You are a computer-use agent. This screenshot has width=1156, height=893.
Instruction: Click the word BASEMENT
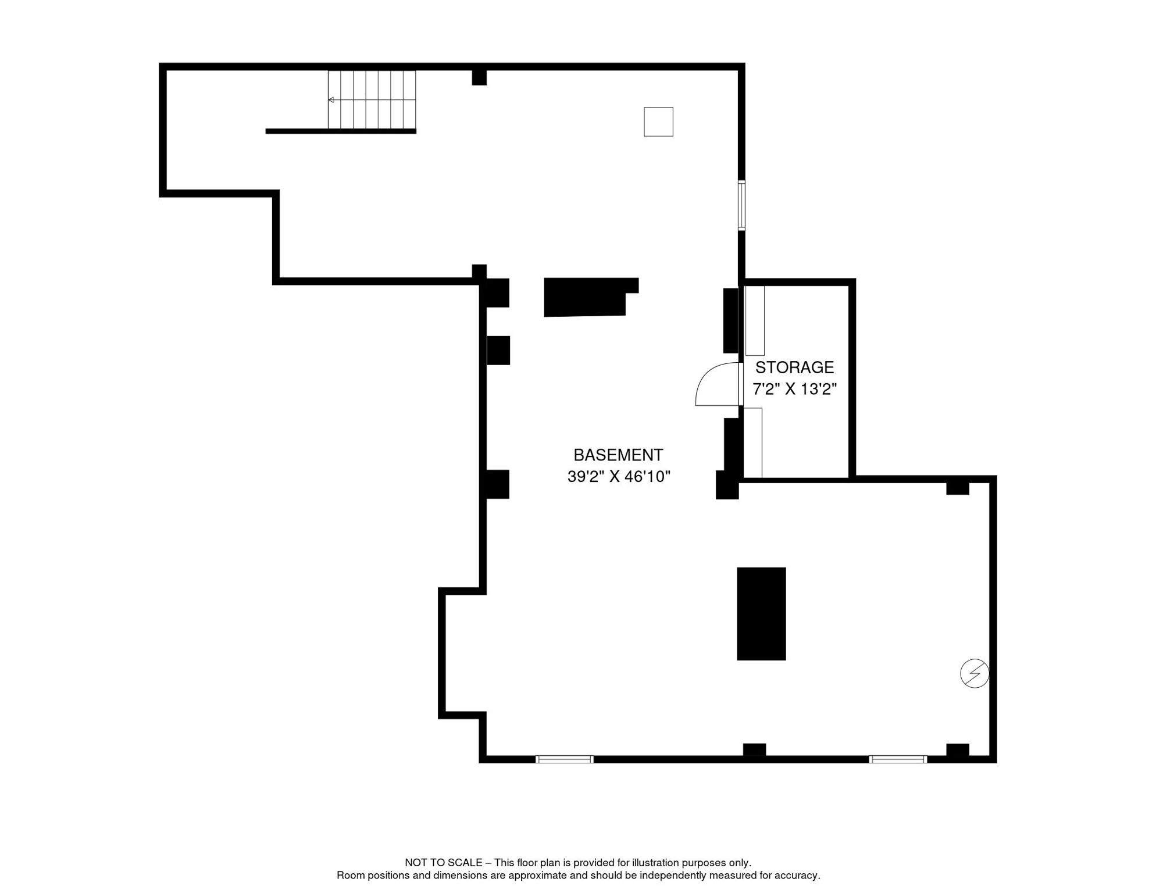(x=618, y=455)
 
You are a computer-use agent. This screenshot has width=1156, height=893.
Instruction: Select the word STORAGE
(x=794, y=367)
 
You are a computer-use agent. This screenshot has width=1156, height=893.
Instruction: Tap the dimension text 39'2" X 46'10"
(x=619, y=477)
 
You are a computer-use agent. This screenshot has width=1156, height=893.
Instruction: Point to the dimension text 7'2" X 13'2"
(x=794, y=389)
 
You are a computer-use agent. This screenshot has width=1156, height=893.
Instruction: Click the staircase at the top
(x=372, y=99)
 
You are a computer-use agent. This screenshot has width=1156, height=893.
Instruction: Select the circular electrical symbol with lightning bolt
(x=975, y=673)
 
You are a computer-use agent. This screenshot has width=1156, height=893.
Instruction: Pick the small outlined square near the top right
(x=658, y=122)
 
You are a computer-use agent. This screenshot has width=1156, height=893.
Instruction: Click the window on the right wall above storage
(x=741, y=205)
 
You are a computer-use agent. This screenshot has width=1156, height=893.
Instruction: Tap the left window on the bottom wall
(x=564, y=759)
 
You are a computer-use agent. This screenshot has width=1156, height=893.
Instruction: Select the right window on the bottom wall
(x=898, y=759)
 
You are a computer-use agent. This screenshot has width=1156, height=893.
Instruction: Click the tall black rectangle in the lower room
(x=761, y=614)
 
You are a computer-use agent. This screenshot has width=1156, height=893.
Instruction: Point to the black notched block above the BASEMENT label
(x=587, y=297)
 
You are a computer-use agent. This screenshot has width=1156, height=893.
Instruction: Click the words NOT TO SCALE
(x=444, y=863)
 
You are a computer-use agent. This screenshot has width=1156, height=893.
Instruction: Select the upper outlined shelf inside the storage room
(x=755, y=320)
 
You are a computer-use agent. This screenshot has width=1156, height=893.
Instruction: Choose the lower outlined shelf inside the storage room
(x=753, y=443)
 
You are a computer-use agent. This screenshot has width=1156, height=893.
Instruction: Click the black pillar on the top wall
(x=479, y=77)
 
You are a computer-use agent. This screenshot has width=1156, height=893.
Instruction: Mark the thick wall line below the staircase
(x=341, y=131)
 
